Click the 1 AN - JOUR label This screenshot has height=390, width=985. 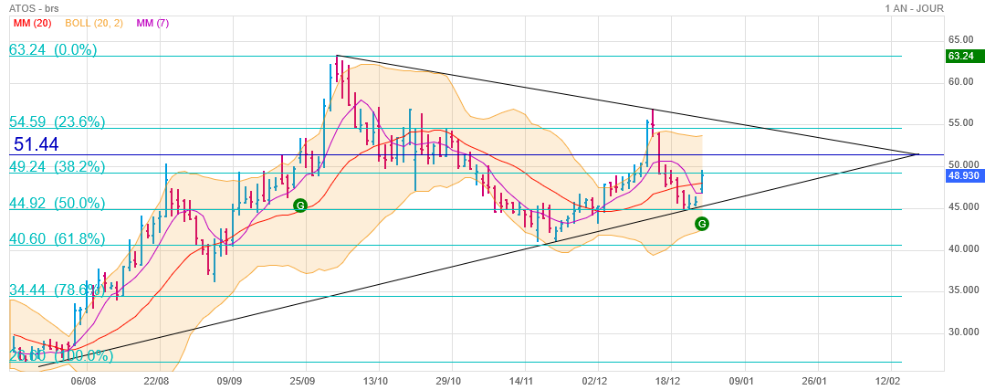pos(914,8)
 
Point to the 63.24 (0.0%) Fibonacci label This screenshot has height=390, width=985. pos(53,50)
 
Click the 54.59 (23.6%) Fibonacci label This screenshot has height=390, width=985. pos(57,121)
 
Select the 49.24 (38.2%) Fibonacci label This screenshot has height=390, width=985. pos(57,167)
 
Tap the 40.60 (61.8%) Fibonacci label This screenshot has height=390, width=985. pos(57,238)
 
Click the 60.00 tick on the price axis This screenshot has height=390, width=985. pos(959,81)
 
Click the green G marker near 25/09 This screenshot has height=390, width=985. pos(300,206)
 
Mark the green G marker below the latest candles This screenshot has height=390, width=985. pos(702,223)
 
